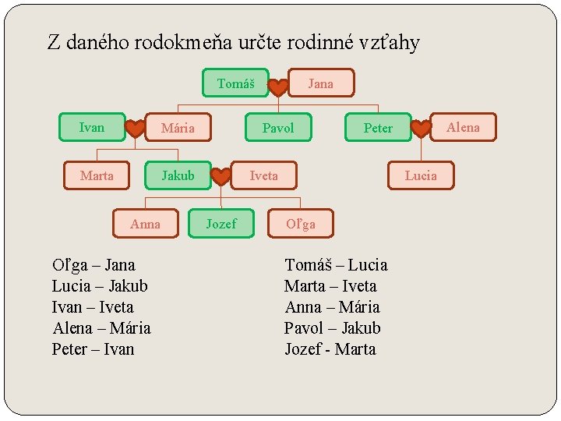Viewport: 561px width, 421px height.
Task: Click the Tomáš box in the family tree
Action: pyautogui.click(x=235, y=83)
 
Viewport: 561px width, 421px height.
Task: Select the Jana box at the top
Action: pyautogui.click(x=320, y=83)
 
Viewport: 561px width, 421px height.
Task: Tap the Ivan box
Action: pyautogui.click(x=92, y=127)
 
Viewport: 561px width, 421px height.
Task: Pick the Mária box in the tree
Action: pyautogui.click(x=178, y=128)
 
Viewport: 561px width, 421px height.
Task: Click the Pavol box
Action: pyautogui.click(x=278, y=128)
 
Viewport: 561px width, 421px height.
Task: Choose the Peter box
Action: pyautogui.click(x=378, y=128)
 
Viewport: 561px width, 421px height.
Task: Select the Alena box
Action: pyautogui.click(x=463, y=127)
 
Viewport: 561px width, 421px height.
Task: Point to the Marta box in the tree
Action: pyautogui.click(x=97, y=175)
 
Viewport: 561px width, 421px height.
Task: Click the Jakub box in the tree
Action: pyautogui.click(x=178, y=175)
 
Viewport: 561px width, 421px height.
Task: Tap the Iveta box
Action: pyautogui.click(x=263, y=175)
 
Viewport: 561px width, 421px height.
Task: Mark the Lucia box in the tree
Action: pyautogui.click(x=421, y=175)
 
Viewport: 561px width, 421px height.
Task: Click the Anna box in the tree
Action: pyautogui.click(x=145, y=224)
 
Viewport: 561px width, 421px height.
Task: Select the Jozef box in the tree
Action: pyautogui.click(x=221, y=224)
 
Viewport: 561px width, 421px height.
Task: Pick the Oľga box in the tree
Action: pyautogui.click(x=300, y=225)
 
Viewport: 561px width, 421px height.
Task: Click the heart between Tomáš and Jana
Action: pyautogui.click(x=278, y=87)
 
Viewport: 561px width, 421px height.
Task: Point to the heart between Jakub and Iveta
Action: pyautogui.click(x=221, y=177)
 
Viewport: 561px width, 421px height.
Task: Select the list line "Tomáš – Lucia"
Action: pyautogui.click(x=336, y=265)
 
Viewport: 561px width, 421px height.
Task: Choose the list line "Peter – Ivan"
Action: pyautogui.click(x=93, y=349)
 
